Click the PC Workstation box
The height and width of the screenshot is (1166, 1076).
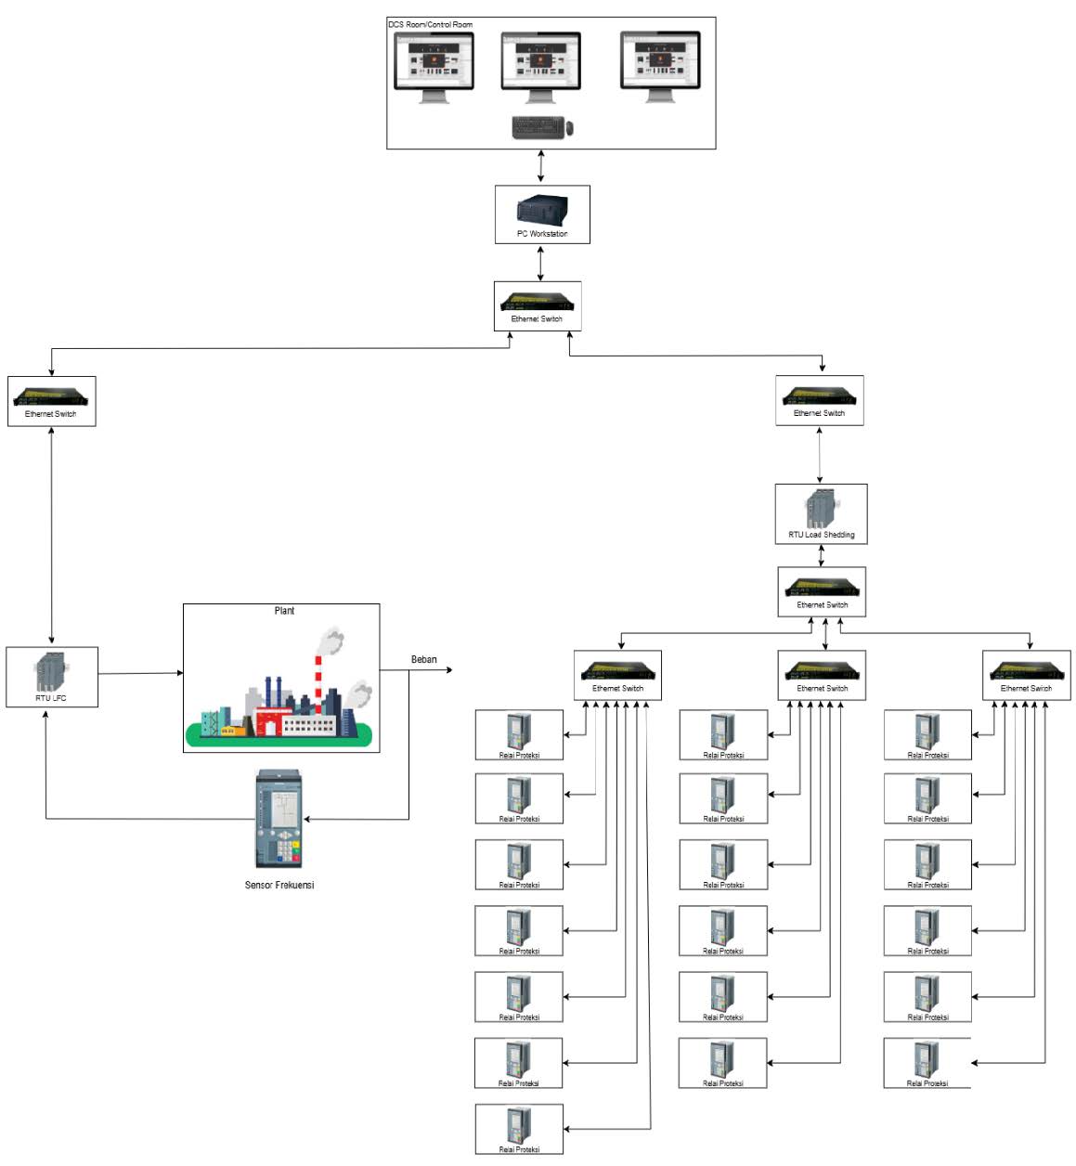click(x=542, y=214)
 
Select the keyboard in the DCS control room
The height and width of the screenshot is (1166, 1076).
click(x=538, y=127)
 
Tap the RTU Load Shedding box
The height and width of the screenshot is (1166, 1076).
click(x=821, y=513)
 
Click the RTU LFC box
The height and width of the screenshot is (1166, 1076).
click(x=52, y=677)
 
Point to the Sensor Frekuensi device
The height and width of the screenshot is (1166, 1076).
click(x=279, y=819)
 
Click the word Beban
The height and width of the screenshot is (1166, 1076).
click(x=423, y=659)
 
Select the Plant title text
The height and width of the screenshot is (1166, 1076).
click(x=284, y=611)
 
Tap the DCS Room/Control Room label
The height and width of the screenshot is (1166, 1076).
click(x=430, y=24)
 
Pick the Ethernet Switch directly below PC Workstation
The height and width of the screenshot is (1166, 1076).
click(x=538, y=306)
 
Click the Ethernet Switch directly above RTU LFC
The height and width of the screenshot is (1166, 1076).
click(x=51, y=401)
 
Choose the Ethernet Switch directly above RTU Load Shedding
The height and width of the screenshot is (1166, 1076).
click(x=820, y=400)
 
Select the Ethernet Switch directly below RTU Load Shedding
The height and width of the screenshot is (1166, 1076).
click(x=822, y=592)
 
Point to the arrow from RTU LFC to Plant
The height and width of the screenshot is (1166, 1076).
click(x=140, y=673)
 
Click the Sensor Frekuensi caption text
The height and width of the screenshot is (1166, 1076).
click(x=279, y=885)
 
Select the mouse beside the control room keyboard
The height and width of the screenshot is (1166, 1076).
click(x=570, y=128)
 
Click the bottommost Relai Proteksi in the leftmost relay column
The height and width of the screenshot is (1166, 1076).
click(x=519, y=1129)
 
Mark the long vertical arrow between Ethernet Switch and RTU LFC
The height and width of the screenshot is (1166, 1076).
click(x=51, y=536)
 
